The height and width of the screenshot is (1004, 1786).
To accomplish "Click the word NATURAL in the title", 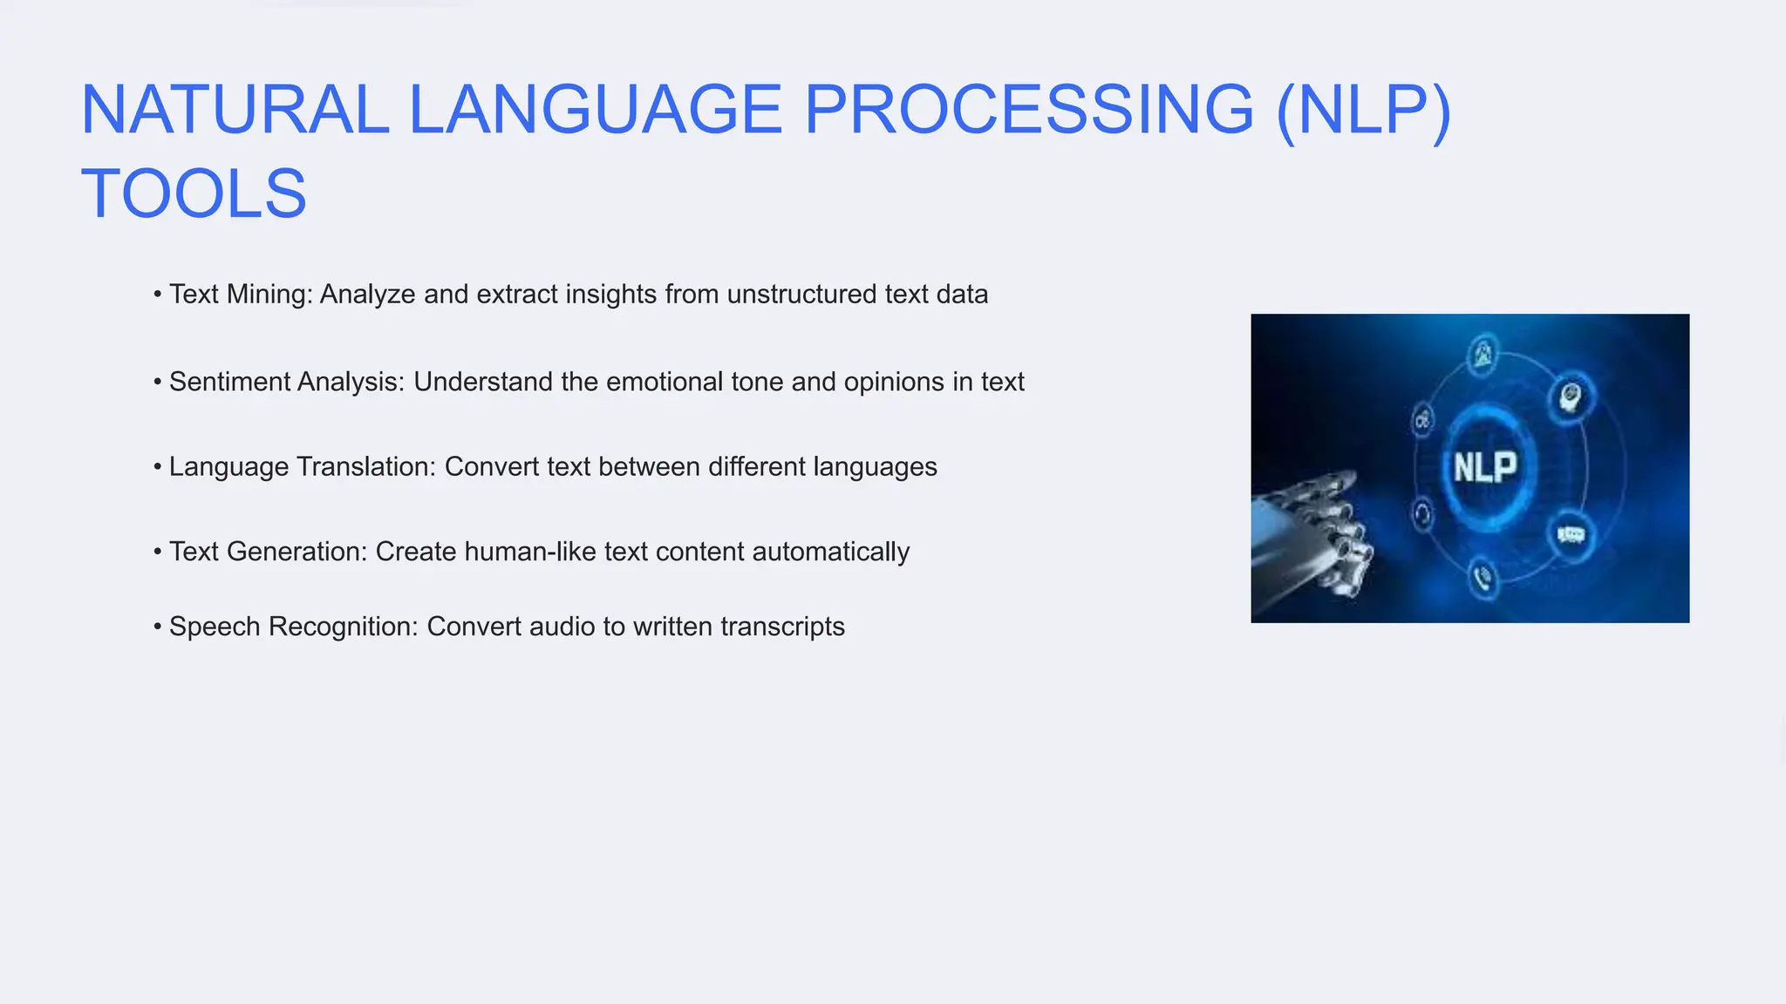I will pos(234,110).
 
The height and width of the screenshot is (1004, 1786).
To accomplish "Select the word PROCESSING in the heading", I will pos(1027,110).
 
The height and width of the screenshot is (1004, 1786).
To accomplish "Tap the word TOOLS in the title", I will pos(194,193).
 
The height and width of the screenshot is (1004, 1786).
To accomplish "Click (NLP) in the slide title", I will pos(1362,110).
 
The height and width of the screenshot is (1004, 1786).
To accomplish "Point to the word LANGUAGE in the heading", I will pos(595,110).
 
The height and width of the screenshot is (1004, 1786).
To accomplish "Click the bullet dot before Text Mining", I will pos(158,295).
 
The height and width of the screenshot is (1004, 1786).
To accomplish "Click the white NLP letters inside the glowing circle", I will pos(1484,468).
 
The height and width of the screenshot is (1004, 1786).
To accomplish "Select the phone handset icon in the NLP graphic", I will pos(1482,578).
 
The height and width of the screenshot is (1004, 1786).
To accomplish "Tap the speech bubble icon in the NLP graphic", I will pos(1571,534).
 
